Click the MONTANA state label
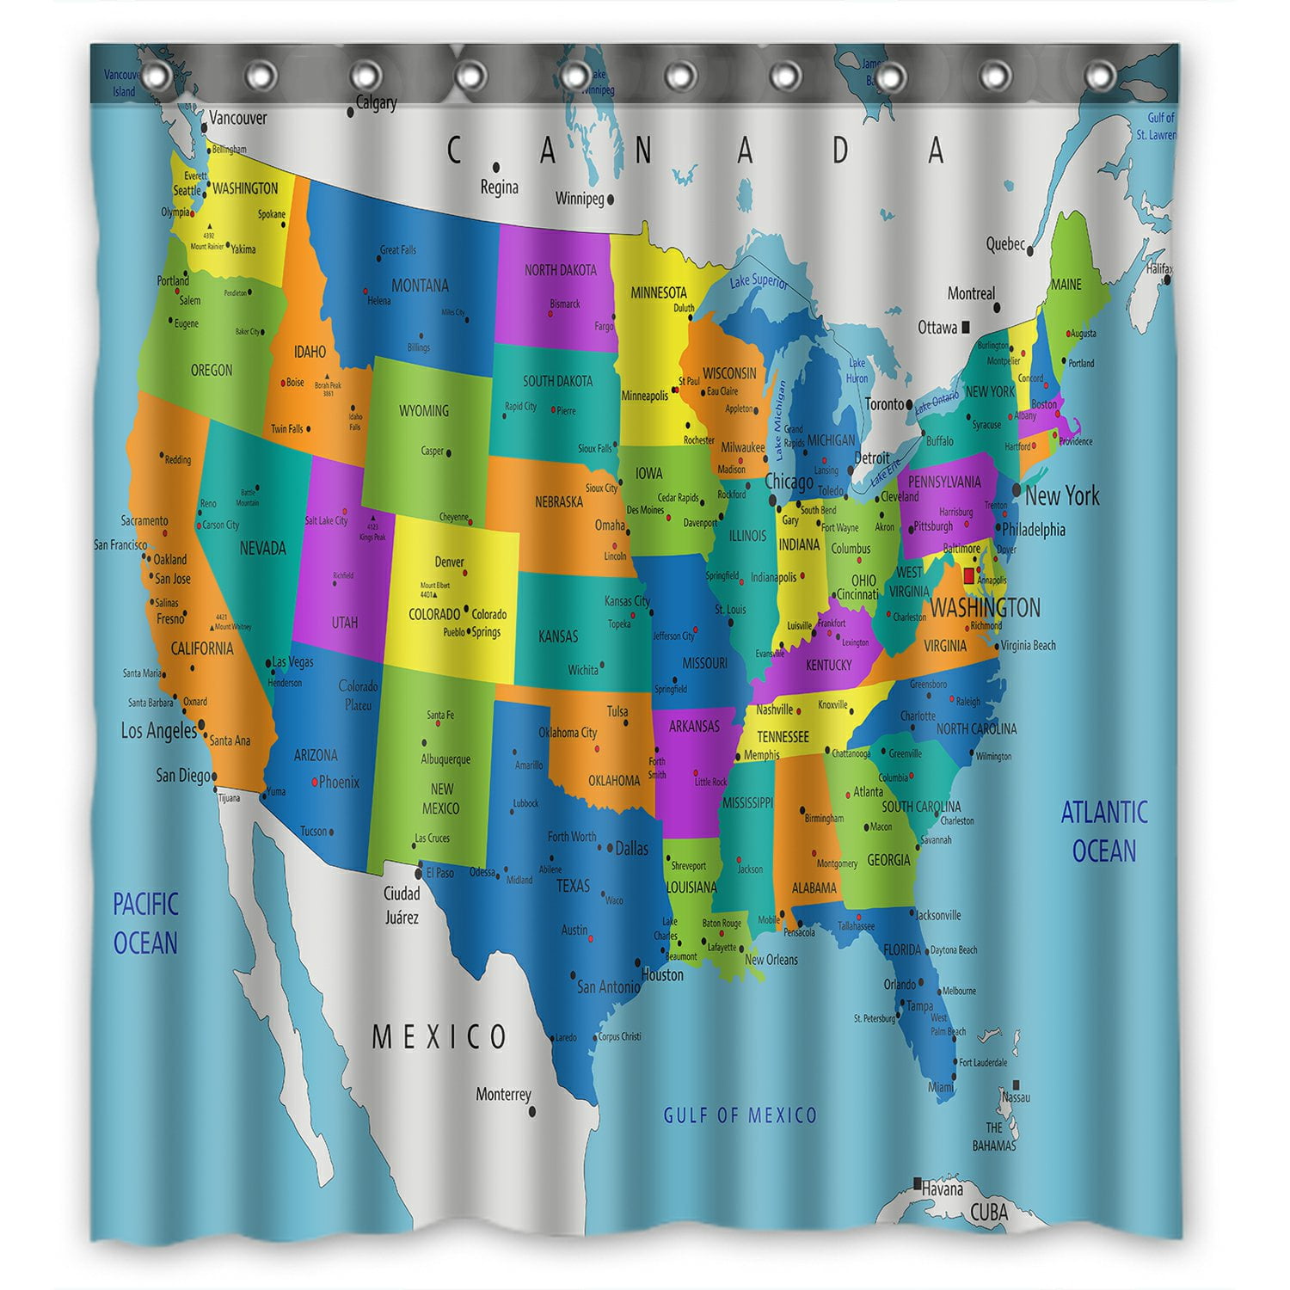click(x=420, y=286)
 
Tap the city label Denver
click(x=449, y=562)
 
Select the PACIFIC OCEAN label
click(x=145, y=924)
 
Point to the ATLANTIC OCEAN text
click(x=1104, y=831)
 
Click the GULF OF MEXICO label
click(x=740, y=1115)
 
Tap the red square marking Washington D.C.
click(x=969, y=575)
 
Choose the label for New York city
click(x=1062, y=495)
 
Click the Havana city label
click(x=943, y=1190)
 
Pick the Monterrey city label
click(x=503, y=1095)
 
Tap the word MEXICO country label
click(x=439, y=1037)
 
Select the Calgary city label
click(x=377, y=103)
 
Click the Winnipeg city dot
click(x=611, y=200)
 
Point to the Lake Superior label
click(x=759, y=280)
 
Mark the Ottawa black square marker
click(x=967, y=327)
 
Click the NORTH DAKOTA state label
click(x=560, y=270)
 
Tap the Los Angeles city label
click(x=159, y=731)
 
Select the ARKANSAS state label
click(x=694, y=727)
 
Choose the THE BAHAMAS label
click(x=994, y=1136)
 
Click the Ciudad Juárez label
click(x=402, y=906)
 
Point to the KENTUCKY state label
click(x=828, y=665)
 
